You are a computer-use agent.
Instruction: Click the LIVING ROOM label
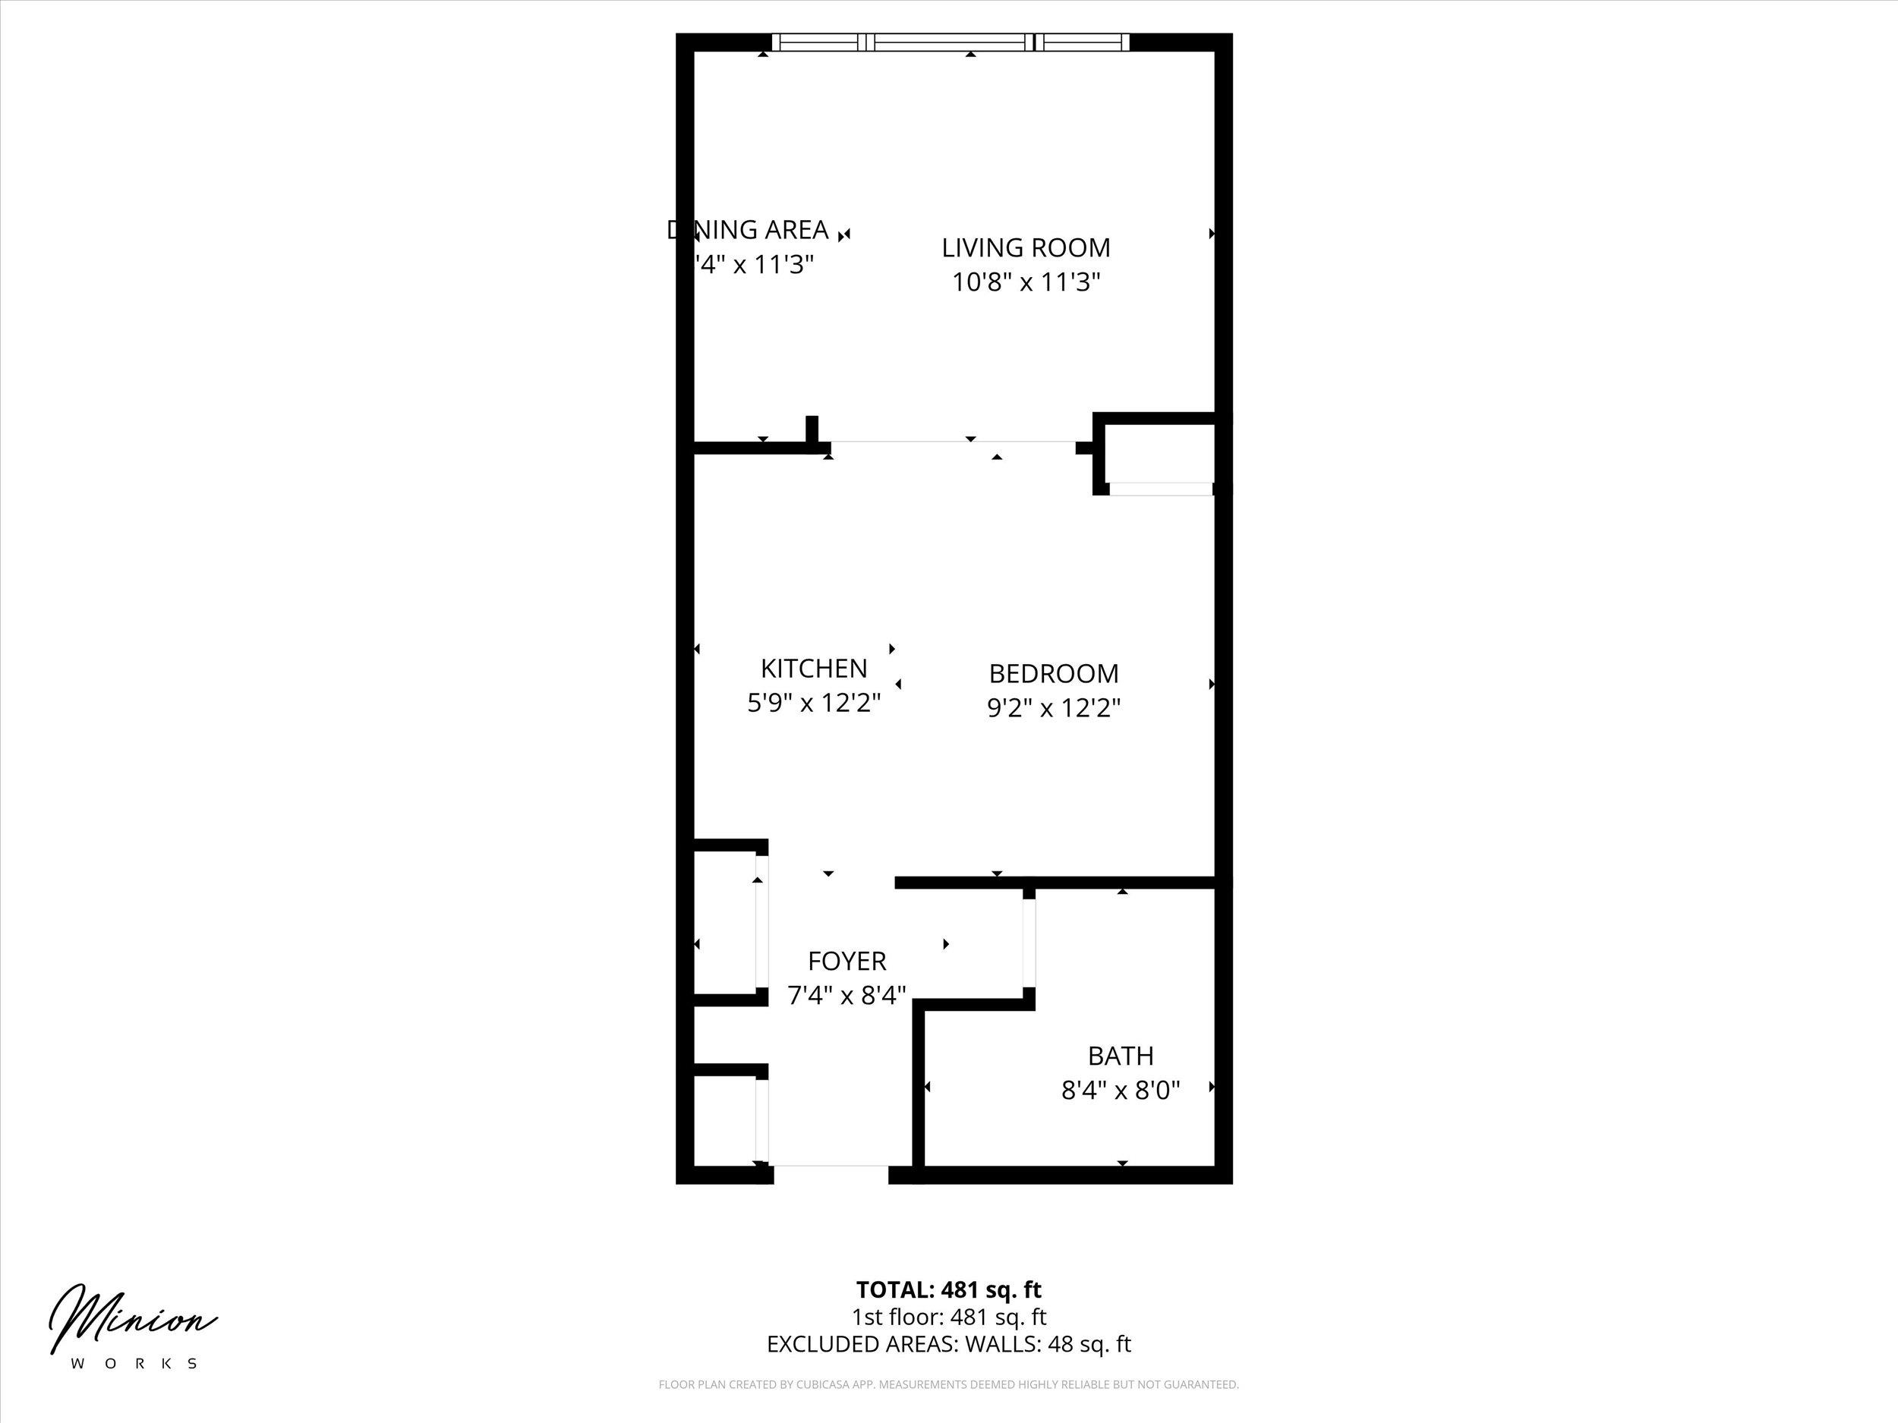1026,248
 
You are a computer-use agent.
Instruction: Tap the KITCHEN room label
813,668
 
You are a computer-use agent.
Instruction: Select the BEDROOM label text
1054,673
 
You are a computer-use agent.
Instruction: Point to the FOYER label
847,961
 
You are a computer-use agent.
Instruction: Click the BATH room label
1121,1055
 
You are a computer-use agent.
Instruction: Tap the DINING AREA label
749,230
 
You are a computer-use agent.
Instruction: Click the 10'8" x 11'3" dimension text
1026,282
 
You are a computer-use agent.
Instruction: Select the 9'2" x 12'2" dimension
1054,707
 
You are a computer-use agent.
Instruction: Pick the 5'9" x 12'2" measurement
813,704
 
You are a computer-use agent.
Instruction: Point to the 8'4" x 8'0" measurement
1121,1090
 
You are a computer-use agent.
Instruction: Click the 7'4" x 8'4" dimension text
847,996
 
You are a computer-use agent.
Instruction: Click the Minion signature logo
133,1319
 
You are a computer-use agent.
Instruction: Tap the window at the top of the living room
950,42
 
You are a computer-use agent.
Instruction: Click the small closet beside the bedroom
1159,453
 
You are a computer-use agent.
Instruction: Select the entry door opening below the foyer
831,1166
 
